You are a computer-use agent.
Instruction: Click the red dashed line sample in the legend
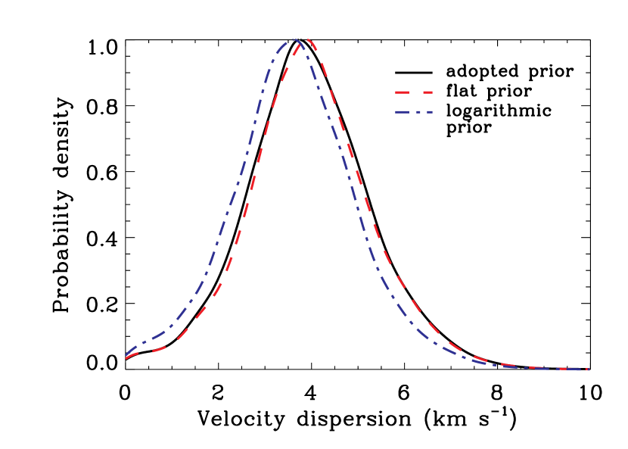[x=413, y=92]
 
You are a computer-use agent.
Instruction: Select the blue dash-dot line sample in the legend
[x=413, y=112]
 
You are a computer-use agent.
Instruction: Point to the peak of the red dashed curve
[x=308, y=39]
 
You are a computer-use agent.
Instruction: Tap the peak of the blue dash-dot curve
[x=294, y=39]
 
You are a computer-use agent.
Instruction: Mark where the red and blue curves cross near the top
[x=301, y=44]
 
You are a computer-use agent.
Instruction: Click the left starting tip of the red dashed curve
[x=126, y=359]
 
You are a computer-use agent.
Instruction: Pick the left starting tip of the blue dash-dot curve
[x=126, y=356]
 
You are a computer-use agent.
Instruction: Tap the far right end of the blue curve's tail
[x=589, y=369]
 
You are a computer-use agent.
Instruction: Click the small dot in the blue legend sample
[x=417, y=112]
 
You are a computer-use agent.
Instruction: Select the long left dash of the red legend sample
[x=402, y=92]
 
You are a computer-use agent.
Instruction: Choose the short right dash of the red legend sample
[x=427, y=92]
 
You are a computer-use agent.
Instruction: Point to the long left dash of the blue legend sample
[x=403, y=112]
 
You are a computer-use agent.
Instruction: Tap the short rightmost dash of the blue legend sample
[x=428, y=112]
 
